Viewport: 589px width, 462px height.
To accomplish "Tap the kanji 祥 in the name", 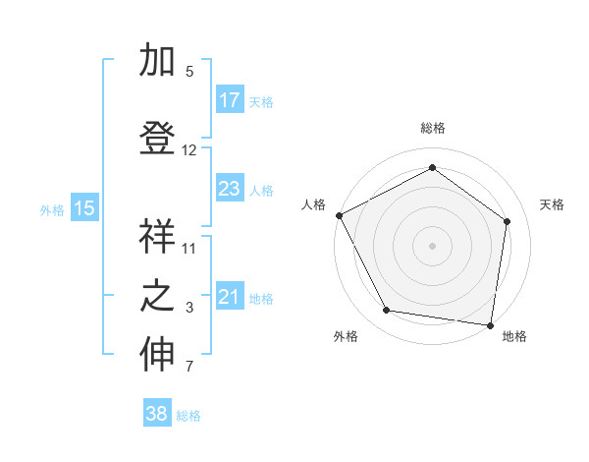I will pyautogui.click(x=158, y=237).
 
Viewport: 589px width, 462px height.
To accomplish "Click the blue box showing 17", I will pyautogui.click(x=229, y=100).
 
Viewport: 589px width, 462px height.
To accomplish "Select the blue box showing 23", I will pyautogui.click(x=229, y=189).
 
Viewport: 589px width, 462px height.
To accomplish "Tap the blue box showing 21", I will pyautogui.click(x=229, y=297).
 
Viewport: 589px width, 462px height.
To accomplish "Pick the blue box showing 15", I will pyautogui.click(x=84, y=207).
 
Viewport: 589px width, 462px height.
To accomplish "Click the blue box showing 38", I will pyautogui.click(x=157, y=414).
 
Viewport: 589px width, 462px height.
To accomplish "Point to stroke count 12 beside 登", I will pyautogui.click(x=189, y=150).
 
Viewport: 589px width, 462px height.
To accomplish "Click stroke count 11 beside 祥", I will pyautogui.click(x=189, y=248).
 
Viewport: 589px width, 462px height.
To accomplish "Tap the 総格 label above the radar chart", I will pyautogui.click(x=432, y=128).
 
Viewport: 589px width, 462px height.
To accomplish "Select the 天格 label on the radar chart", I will pyautogui.click(x=552, y=204).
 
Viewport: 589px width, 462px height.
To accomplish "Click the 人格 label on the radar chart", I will pyautogui.click(x=313, y=204).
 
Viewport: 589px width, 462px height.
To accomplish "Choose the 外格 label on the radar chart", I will pyautogui.click(x=346, y=337).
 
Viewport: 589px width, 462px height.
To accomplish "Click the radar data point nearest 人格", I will pyautogui.click(x=339, y=215).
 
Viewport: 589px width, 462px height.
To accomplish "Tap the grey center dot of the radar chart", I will pyautogui.click(x=432, y=245).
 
